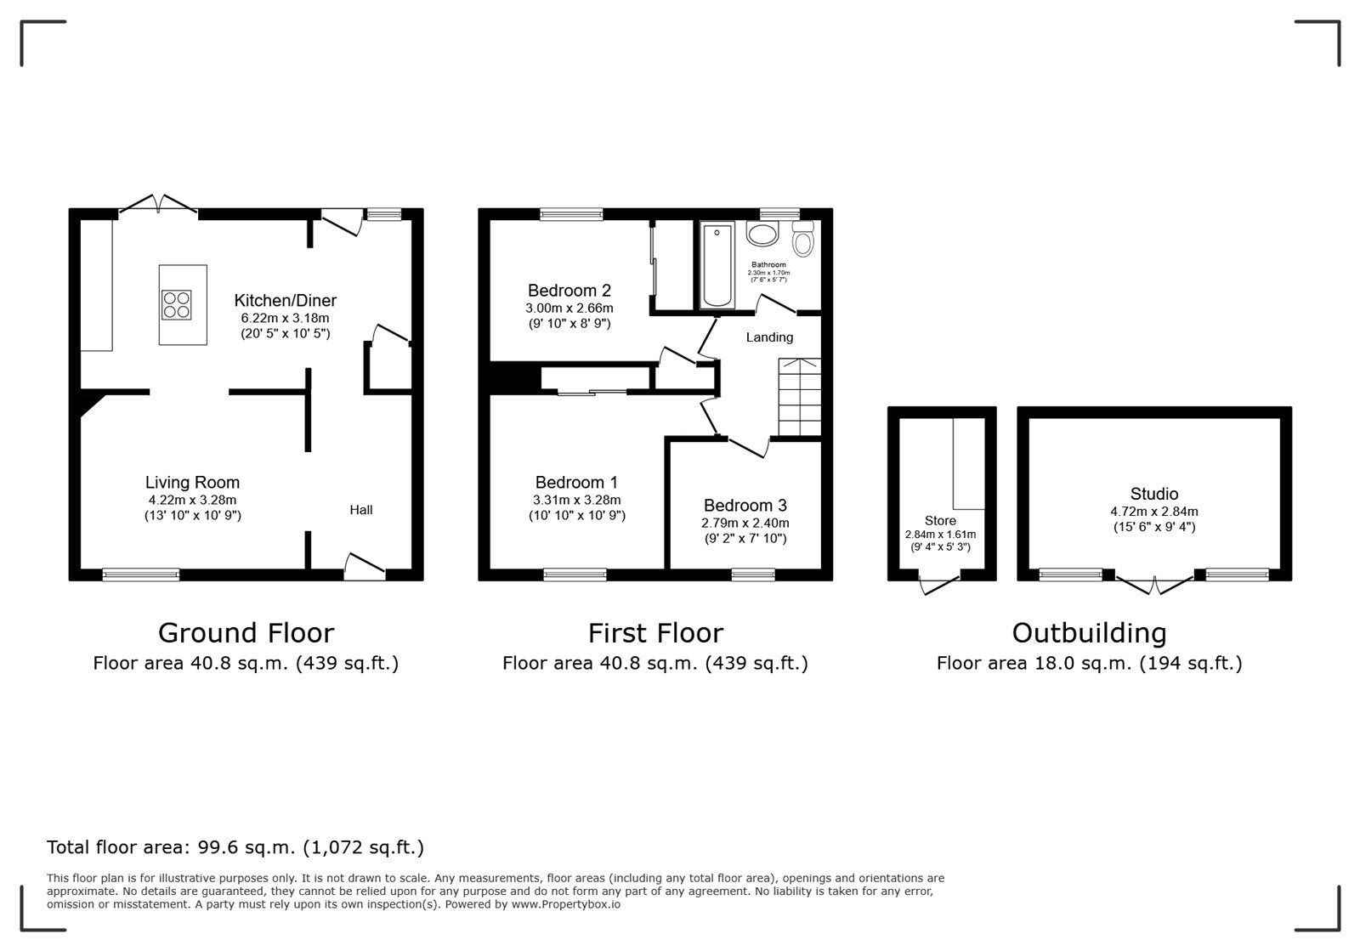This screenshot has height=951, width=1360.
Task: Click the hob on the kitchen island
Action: [177, 304]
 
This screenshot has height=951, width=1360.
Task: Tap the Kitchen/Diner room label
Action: [285, 300]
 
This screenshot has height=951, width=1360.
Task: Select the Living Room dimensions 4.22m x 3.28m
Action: [192, 500]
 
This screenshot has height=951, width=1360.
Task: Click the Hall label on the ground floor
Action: [361, 510]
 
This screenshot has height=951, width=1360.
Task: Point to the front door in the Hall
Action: [365, 567]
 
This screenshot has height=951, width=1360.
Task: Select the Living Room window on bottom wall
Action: [141, 575]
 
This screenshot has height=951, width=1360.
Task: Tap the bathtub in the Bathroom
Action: [717, 264]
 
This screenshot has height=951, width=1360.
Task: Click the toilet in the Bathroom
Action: [802, 241]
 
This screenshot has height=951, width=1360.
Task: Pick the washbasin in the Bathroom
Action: [762, 234]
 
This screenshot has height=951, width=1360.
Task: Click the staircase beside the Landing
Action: [799, 397]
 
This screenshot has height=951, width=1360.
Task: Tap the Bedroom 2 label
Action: [569, 291]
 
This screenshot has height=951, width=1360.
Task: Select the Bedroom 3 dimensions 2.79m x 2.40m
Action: [745, 523]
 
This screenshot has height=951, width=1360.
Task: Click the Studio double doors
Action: [1154, 584]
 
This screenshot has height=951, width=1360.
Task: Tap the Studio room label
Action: [1153, 494]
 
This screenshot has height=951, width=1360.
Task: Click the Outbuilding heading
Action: [1089, 633]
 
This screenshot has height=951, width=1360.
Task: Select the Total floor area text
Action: [235, 847]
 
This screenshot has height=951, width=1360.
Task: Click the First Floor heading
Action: [655, 633]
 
